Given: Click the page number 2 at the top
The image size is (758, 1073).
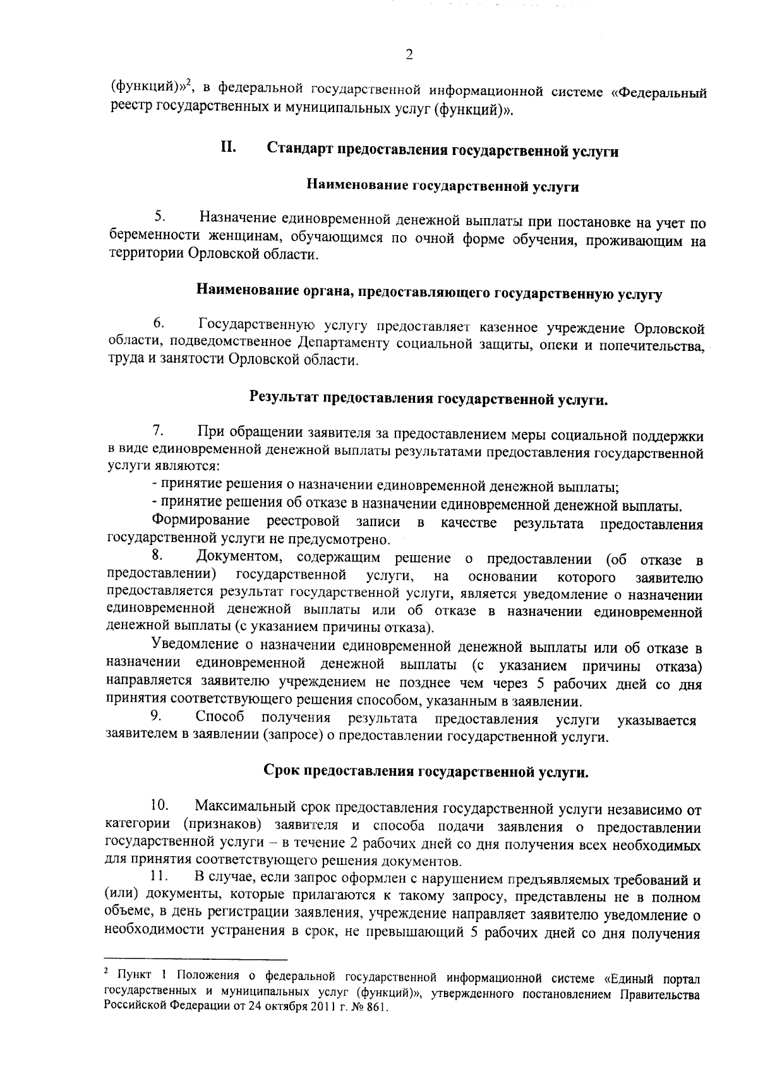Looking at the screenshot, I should [409, 55].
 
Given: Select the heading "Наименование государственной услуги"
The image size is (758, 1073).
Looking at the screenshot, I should [443, 186].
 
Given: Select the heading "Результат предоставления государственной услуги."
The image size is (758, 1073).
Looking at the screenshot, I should [429, 399].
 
